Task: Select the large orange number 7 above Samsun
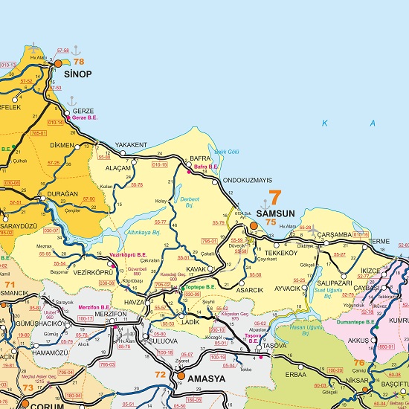coord(274,199)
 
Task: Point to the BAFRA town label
coord(201,158)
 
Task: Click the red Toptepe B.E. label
coord(199,286)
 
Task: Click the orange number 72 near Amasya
coord(159,373)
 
